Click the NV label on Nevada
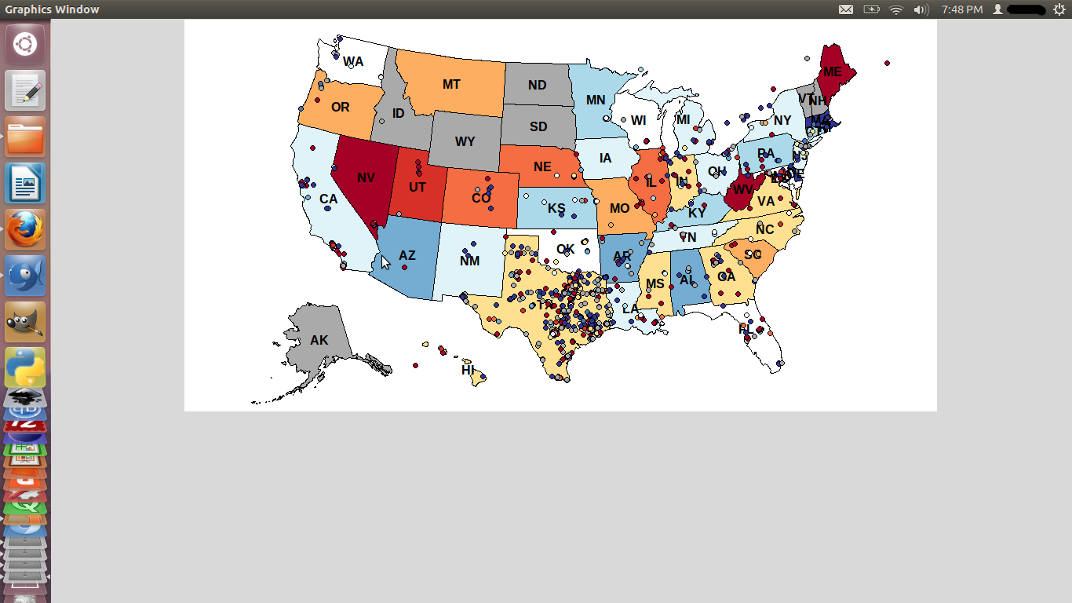366,177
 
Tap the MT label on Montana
451,84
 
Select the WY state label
465,142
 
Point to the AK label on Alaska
319,341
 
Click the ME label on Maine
832,72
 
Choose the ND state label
537,85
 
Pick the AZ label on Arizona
407,256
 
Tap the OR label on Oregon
340,107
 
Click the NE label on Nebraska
542,166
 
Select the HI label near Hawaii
468,370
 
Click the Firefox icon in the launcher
25,229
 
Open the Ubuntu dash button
25,44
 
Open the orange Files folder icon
25,137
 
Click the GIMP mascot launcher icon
25,321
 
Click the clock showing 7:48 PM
962,9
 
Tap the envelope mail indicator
846,9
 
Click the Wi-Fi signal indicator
896,9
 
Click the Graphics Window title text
52,9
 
